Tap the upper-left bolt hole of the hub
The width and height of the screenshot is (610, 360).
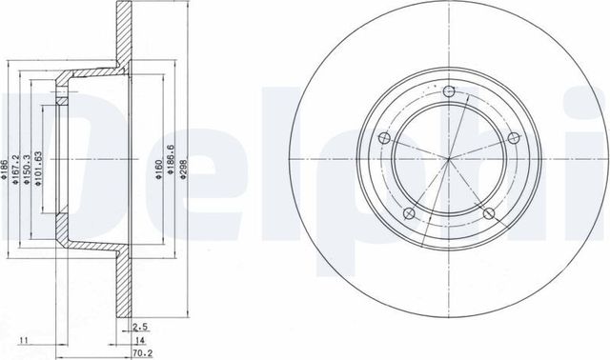pyautogui.click(x=385, y=139)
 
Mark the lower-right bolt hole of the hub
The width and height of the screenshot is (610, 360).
pyautogui.click(x=487, y=213)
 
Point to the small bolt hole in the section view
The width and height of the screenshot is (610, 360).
pyautogui.click(x=62, y=96)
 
